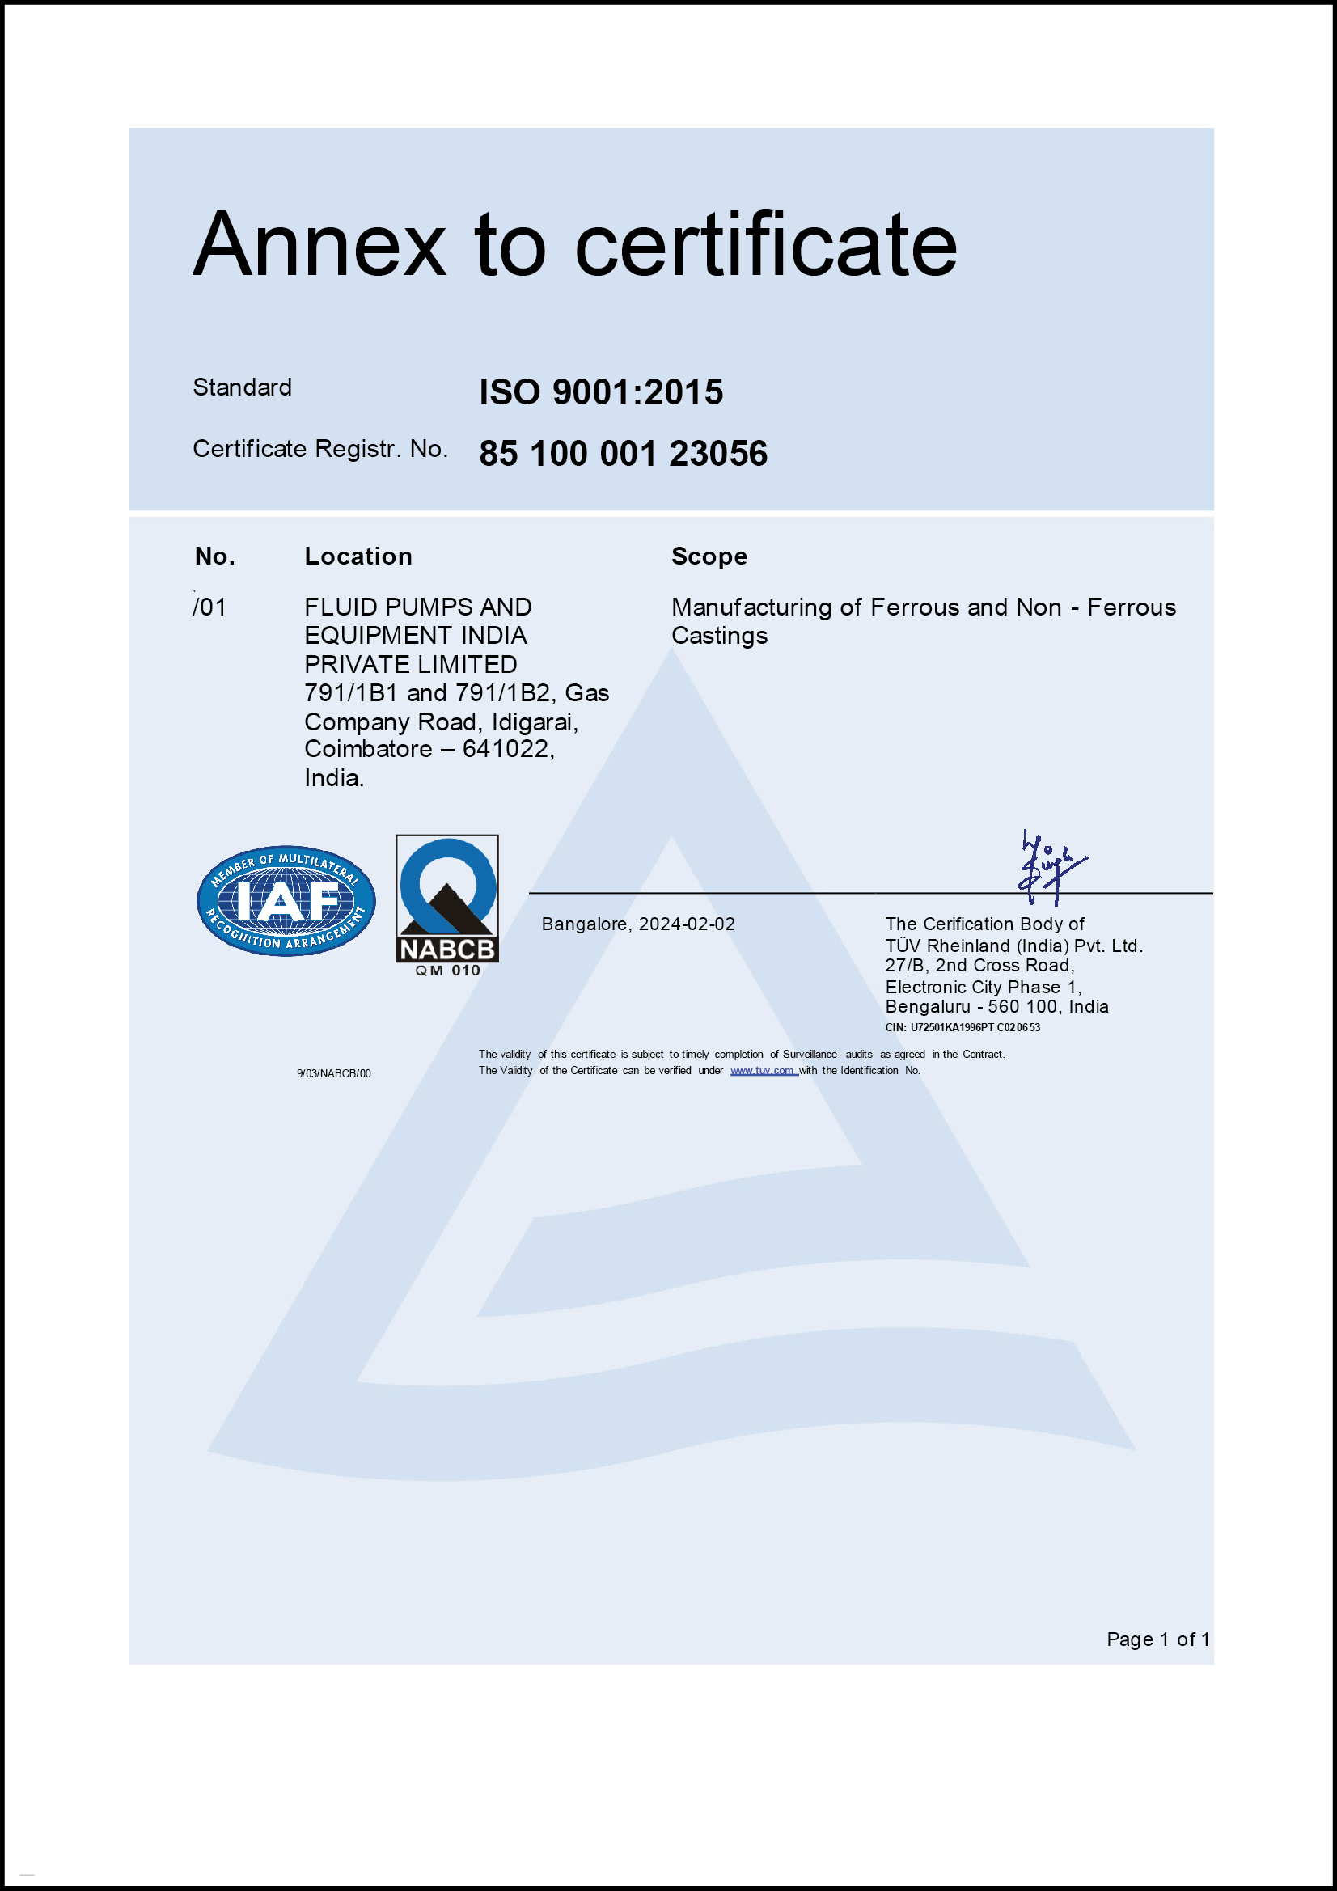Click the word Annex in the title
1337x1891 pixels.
pyautogui.click(x=319, y=245)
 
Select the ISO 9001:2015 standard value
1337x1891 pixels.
pyautogui.click(x=600, y=392)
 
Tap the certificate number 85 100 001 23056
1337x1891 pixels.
pyautogui.click(x=623, y=454)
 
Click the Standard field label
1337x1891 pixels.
pyautogui.click(x=242, y=387)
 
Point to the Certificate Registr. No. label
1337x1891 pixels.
pyautogui.click(x=320, y=449)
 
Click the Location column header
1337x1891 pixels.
pyautogui.click(x=358, y=556)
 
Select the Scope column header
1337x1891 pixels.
pyautogui.click(x=709, y=556)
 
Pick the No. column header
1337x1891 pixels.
pyautogui.click(x=215, y=556)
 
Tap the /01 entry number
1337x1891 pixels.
pyautogui.click(x=210, y=608)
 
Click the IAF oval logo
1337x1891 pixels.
pyautogui.click(x=286, y=901)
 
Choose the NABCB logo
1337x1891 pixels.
pyautogui.click(x=446, y=904)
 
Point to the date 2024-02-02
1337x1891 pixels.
pyautogui.click(x=686, y=924)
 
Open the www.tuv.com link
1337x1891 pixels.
pyautogui.click(x=762, y=1071)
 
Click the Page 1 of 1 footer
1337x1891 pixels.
pyautogui.click(x=1157, y=1639)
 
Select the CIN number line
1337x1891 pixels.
pyautogui.click(x=963, y=1028)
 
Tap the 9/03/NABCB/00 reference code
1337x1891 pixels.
pyautogui.click(x=333, y=1074)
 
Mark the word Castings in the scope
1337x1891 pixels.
pyautogui.click(x=719, y=636)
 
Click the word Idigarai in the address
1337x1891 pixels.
pyautogui.click(x=534, y=722)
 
